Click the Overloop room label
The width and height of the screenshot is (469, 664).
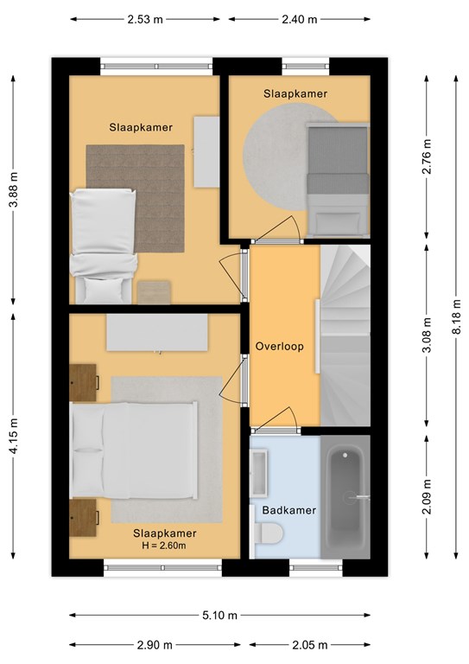(x=280, y=347)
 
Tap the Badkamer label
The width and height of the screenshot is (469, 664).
(x=289, y=510)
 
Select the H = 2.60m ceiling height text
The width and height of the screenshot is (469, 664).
(x=164, y=546)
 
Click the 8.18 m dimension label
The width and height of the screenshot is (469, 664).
(x=456, y=316)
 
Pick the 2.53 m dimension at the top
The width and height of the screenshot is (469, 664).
(x=145, y=19)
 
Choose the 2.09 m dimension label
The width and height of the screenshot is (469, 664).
(x=427, y=496)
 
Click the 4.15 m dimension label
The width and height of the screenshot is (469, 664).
(x=14, y=436)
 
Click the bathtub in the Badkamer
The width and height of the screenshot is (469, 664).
(x=345, y=497)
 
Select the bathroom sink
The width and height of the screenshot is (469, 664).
(x=259, y=473)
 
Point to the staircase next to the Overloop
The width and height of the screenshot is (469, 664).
(x=345, y=335)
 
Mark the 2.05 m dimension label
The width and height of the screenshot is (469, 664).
(x=310, y=645)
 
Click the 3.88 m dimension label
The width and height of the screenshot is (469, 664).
(x=14, y=190)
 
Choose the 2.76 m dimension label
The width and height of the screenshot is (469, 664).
(x=427, y=156)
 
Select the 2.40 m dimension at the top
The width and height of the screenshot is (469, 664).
(x=300, y=19)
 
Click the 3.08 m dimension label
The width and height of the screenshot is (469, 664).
(x=427, y=335)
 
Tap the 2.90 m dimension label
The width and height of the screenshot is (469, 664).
(x=155, y=645)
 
